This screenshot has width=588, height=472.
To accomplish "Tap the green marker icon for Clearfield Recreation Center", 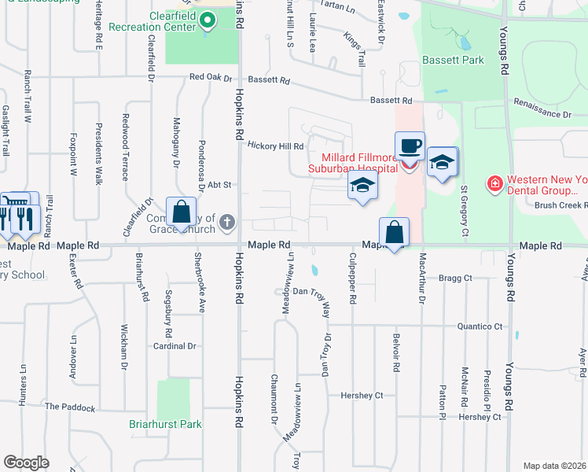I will click(x=207, y=21).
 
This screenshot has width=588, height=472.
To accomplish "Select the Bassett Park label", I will click(x=453, y=60).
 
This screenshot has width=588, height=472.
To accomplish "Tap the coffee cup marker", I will click(x=410, y=146).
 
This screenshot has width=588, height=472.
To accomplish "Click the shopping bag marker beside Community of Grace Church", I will click(x=181, y=212).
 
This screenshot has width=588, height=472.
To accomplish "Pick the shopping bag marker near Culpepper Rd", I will click(x=394, y=233).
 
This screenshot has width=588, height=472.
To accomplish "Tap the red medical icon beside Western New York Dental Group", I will click(x=494, y=185).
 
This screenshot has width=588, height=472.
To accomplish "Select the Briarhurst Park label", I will click(x=165, y=425).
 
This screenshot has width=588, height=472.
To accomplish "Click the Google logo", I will click(x=26, y=462).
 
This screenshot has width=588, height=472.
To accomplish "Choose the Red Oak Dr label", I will click(x=211, y=78).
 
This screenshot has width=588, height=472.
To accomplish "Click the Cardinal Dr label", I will click(x=175, y=345).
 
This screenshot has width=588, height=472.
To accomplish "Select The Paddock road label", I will click(x=70, y=407).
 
